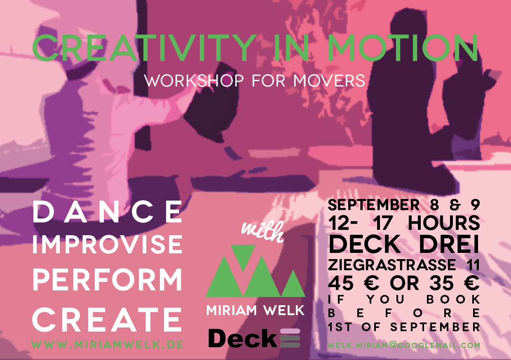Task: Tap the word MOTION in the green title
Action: [403, 48]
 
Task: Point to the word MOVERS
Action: [329, 80]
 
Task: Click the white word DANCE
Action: [107, 212]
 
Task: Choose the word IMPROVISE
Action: [107, 245]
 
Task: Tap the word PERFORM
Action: [107, 280]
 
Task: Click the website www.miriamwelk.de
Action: [107, 345]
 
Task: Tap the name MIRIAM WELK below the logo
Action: [255, 310]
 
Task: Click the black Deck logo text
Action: [242, 338]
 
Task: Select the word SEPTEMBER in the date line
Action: [373, 205]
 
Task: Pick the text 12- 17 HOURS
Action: [404, 223]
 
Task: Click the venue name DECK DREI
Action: [403, 244]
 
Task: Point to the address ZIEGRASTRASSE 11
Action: [404, 265]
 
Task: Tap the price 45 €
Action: [354, 284]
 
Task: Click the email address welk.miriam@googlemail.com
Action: [404, 346]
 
